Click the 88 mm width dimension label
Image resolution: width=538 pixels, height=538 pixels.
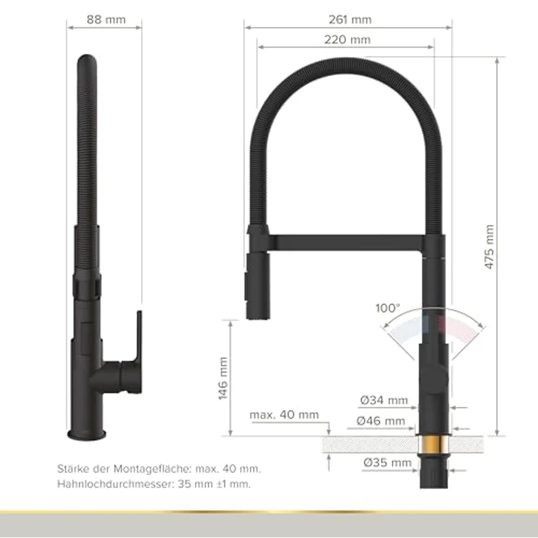click(106, 20)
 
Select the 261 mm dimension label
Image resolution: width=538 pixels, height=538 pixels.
click(350, 20)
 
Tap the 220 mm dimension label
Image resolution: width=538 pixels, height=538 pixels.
click(347, 39)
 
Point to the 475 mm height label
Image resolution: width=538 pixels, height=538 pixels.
click(489, 246)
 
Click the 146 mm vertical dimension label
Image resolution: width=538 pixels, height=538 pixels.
click(223, 379)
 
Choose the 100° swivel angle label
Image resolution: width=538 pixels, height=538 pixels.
click(387, 308)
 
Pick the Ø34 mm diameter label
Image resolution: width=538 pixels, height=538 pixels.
click(384, 400)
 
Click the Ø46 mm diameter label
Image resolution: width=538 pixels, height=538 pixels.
click(381, 420)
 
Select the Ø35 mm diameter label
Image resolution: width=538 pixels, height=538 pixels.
click(387, 463)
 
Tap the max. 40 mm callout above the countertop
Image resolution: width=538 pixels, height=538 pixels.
click(284, 414)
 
